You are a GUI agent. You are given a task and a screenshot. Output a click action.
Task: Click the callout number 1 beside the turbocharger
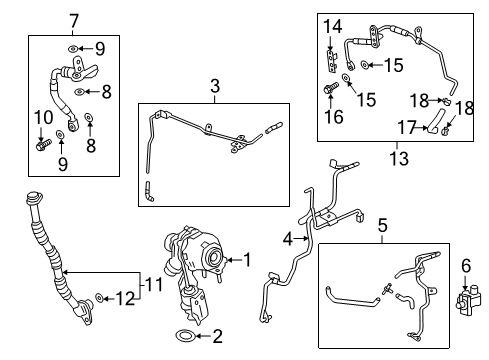click(250, 262)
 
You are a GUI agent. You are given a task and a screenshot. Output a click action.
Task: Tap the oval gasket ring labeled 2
click(186, 336)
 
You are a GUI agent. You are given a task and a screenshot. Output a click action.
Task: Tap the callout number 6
click(465, 265)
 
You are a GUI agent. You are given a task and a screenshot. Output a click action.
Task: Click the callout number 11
click(151, 285)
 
